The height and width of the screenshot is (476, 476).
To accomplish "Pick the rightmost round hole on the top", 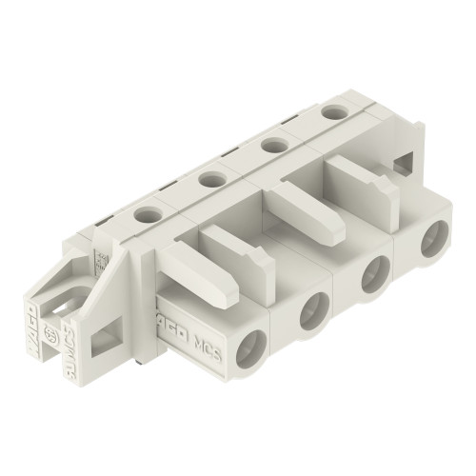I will (x=332, y=112).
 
